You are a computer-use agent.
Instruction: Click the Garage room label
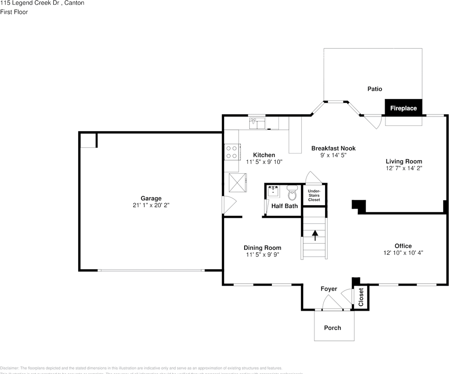(x=151, y=198)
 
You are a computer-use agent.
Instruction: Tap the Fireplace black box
(x=403, y=108)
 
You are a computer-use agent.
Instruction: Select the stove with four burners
(x=232, y=152)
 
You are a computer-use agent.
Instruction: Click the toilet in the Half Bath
(x=292, y=192)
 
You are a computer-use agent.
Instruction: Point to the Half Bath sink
(x=273, y=191)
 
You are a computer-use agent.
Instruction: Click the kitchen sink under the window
(x=257, y=123)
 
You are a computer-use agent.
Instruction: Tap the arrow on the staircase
(x=315, y=235)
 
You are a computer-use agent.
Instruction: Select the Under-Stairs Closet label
(x=314, y=195)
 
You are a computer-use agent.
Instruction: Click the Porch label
(x=333, y=328)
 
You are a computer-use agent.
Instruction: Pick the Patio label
(x=375, y=89)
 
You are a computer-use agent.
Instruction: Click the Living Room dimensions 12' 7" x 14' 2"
(x=404, y=168)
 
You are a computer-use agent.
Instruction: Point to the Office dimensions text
(x=403, y=252)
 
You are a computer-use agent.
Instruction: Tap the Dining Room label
(x=262, y=248)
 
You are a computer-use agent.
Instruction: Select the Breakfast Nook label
(x=333, y=148)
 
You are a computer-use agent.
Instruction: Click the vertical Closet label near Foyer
(x=361, y=297)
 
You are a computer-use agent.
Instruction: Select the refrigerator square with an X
(x=238, y=182)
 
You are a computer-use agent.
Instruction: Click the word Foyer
(x=329, y=289)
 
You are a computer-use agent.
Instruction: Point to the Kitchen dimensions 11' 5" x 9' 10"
(x=264, y=162)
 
